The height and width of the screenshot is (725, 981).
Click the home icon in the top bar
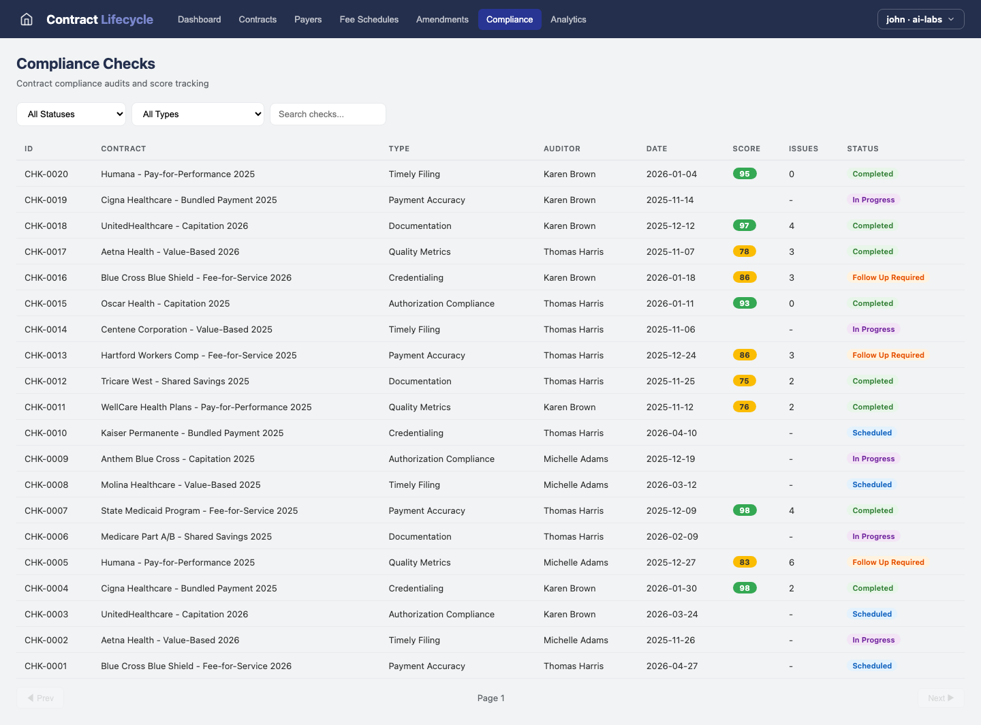point(27,19)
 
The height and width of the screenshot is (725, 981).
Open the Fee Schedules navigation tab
point(369,19)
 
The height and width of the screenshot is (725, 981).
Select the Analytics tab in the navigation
point(568,19)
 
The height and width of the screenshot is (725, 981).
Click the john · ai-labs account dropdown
point(920,19)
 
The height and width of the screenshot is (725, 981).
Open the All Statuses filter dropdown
point(71,114)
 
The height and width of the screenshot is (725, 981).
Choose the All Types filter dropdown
point(198,114)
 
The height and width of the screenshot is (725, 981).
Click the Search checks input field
point(328,114)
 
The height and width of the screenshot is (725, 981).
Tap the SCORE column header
point(746,149)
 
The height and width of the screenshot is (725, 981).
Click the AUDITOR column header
point(561,149)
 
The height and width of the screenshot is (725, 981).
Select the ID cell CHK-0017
point(46,251)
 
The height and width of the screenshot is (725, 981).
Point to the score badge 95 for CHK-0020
point(744,174)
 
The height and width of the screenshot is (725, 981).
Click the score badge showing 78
point(744,251)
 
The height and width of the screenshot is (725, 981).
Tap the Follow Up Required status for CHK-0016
point(888,277)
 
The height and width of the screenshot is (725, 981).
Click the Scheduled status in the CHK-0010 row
point(871,433)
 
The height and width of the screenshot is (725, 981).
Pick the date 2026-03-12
point(671,484)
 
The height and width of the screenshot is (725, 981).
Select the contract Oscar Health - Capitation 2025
point(165,303)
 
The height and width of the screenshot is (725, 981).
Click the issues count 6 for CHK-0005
point(792,562)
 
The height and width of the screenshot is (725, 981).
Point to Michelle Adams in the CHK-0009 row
point(576,459)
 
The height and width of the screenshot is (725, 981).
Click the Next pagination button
point(940,698)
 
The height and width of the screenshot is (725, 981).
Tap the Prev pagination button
point(40,698)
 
